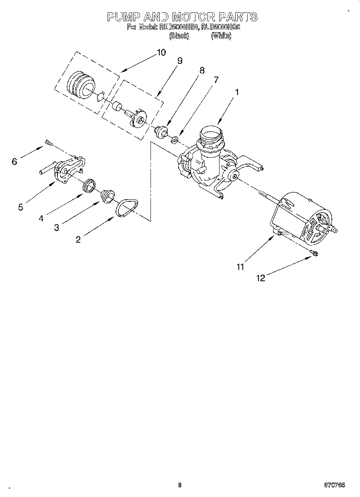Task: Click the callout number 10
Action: click(161, 52)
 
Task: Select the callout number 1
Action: click(237, 92)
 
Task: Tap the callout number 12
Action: click(261, 278)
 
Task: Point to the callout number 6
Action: click(15, 161)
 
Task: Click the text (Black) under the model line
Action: click(179, 36)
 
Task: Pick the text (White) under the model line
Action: click(221, 36)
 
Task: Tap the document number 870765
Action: click(334, 485)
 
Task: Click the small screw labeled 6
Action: click(49, 142)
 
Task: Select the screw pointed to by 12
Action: click(314, 253)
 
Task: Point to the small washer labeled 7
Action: click(175, 140)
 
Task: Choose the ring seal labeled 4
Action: click(89, 185)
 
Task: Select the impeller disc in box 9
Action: click(138, 118)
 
